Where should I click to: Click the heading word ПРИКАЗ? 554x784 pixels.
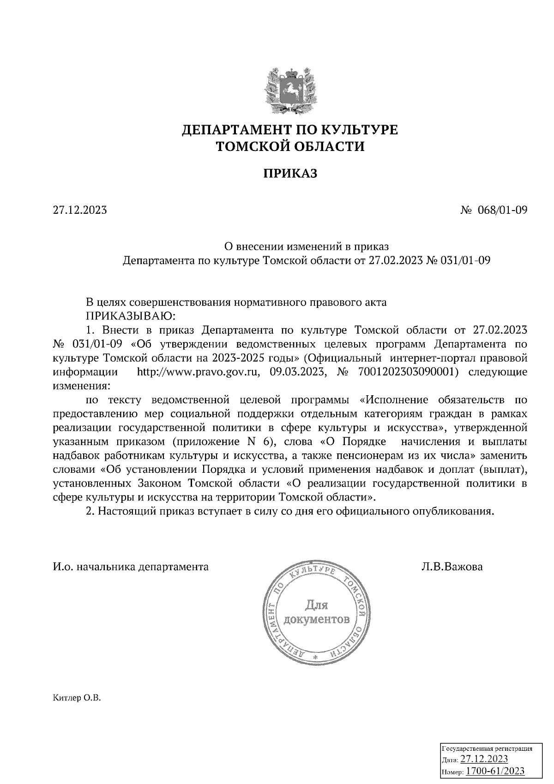tap(291, 174)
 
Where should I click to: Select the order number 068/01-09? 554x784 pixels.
tap(504, 211)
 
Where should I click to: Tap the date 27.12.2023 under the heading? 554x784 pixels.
tap(80, 211)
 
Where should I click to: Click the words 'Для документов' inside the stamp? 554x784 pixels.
tap(317, 612)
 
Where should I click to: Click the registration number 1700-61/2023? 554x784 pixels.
tap(495, 771)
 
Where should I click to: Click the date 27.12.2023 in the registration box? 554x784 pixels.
tap(485, 760)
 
